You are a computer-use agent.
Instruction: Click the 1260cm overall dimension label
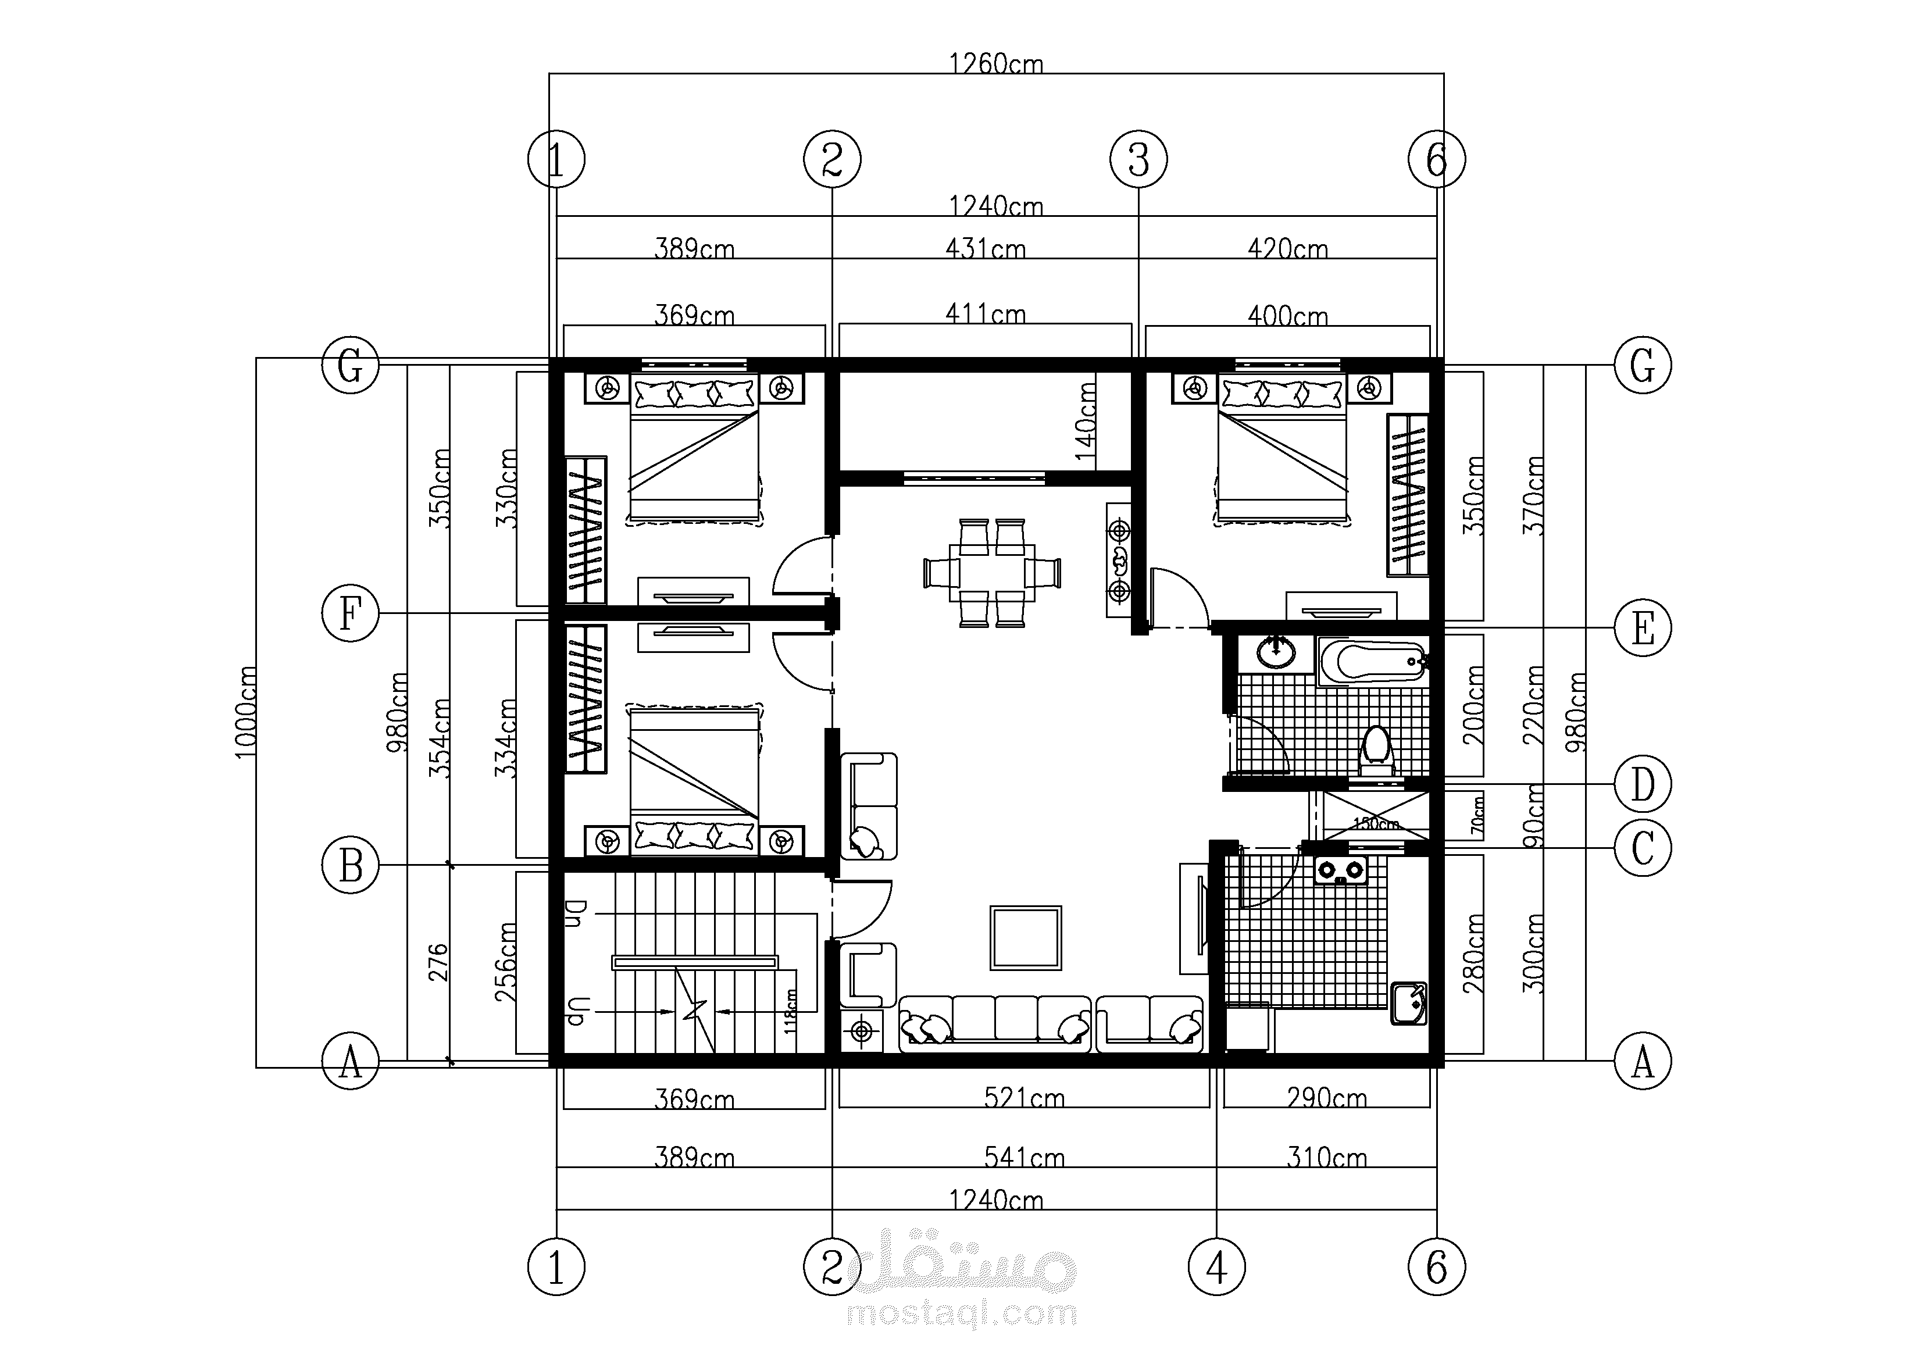tap(995, 64)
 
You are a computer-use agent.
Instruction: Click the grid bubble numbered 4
tap(1217, 1267)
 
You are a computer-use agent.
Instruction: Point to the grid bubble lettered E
tap(1643, 627)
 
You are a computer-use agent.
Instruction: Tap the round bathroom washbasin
tap(1275, 653)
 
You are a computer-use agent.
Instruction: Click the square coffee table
tap(1026, 938)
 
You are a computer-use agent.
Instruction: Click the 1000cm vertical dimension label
tap(245, 712)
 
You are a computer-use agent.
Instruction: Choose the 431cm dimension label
tap(986, 248)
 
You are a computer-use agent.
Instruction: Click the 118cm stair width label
tap(790, 1011)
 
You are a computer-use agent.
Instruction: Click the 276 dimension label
tap(438, 962)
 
